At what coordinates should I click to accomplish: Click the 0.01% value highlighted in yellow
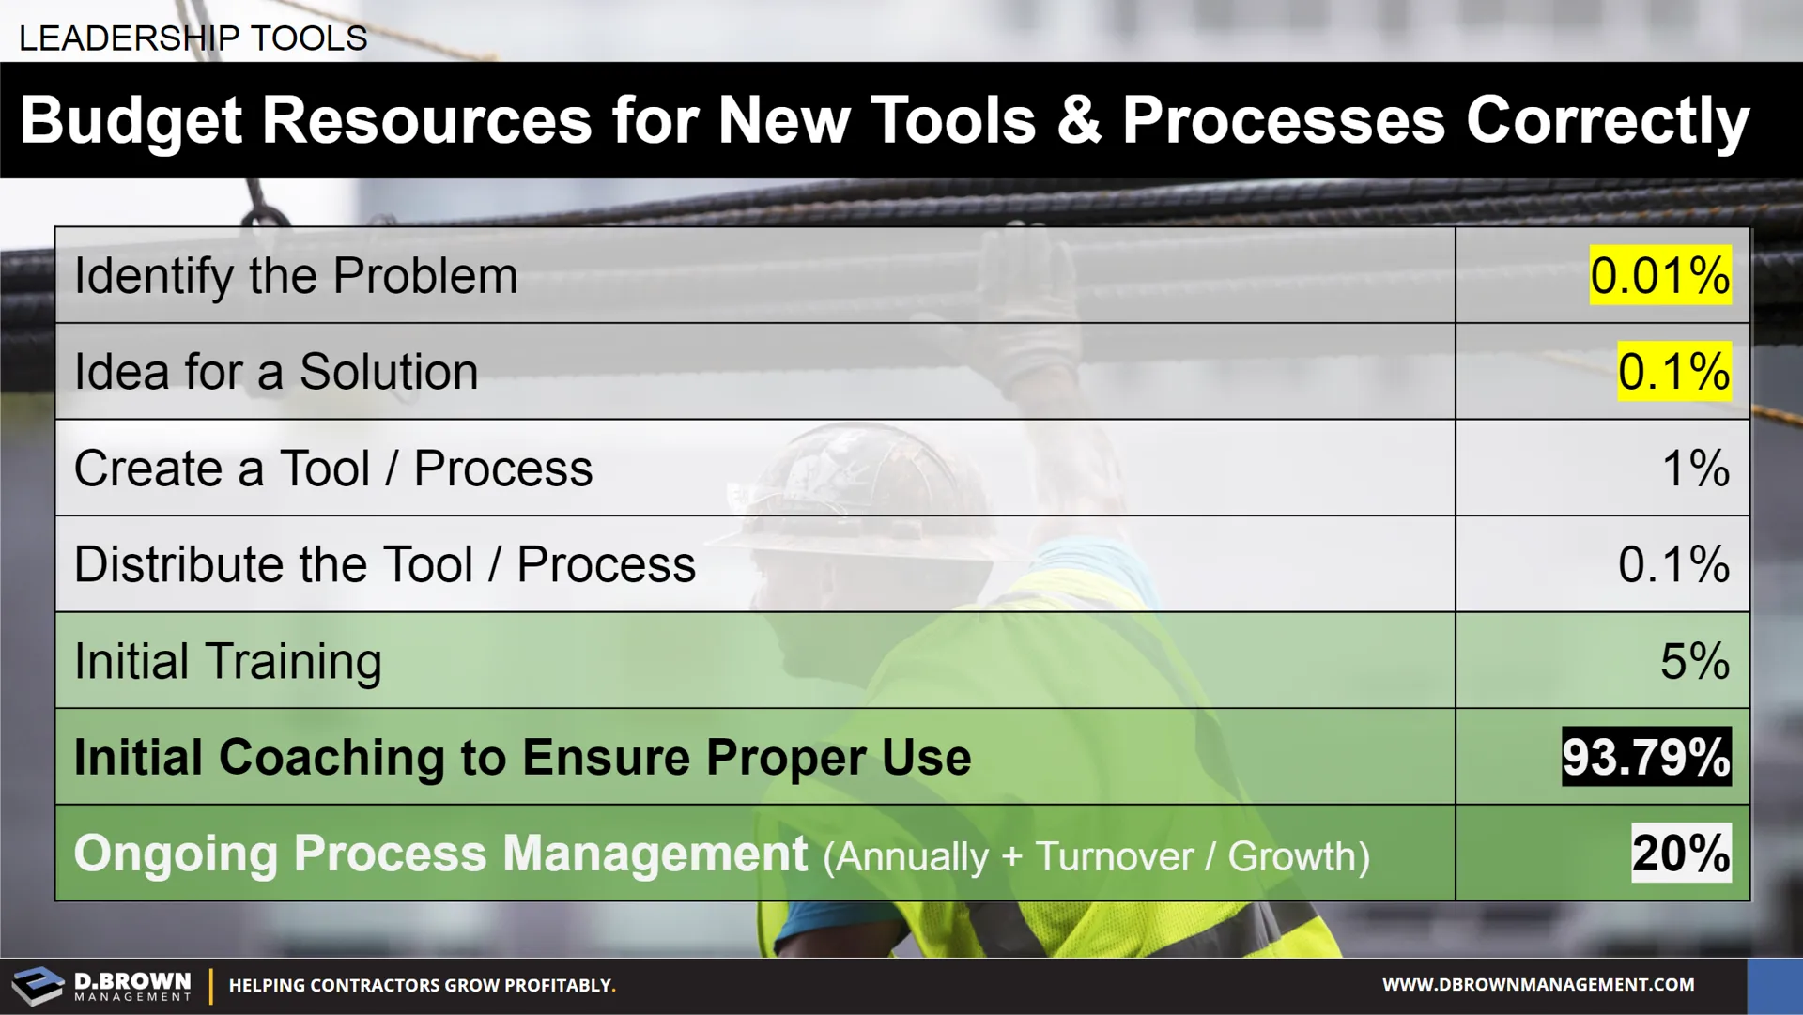1659,276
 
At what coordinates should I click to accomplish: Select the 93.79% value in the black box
1646,757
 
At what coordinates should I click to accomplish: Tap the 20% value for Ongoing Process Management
1681,853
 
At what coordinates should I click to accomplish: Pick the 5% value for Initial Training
1695,661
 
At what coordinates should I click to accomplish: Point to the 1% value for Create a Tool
1696,469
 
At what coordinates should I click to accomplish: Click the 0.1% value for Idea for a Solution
1674,372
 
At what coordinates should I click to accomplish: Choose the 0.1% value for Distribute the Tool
1673,564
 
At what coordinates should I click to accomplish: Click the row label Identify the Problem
296,277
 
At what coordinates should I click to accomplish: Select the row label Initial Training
228,662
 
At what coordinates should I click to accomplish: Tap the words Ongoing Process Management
440,854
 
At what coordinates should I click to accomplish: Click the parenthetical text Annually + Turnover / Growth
1097,856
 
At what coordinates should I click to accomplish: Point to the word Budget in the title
131,122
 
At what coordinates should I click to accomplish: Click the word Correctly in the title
1608,122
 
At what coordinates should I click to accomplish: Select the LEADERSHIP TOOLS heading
193,38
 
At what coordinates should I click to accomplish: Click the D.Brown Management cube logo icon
38,986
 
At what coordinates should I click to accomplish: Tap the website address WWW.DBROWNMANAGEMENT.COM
1538,985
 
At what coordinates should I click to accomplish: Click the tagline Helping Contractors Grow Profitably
423,986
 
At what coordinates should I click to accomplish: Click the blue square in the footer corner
1775,986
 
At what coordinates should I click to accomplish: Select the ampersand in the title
1079,122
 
